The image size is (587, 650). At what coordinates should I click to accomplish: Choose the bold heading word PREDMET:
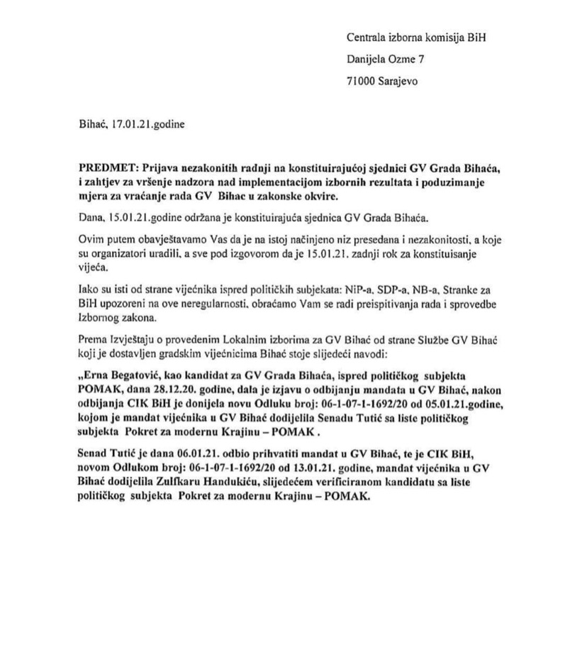pos(108,167)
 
